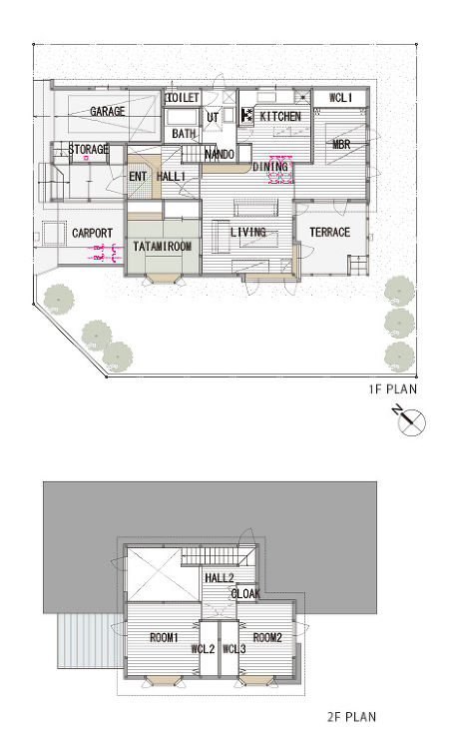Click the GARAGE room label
[x=108, y=111]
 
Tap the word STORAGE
[x=89, y=150]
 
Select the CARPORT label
[x=92, y=233]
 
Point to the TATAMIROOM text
[x=163, y=246]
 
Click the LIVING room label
[x=248, y=232]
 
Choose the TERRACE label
[x=330, y=232]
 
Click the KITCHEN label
[x=280, y=116]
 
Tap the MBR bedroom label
[x=341, y=144]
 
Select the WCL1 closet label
[x=341, y=98]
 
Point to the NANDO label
[x=220, y=154]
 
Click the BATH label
[x=184, y=134]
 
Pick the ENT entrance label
[x=138, y=177]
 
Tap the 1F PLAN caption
[x=393, y=389]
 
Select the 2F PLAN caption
[x=351, y=717]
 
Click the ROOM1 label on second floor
[x=164, y=638]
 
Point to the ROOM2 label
[x=267, y=638]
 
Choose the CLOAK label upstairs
[x=245, y=594]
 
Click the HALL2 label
[x=220, y=578]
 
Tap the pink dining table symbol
[x=280, y=170]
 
